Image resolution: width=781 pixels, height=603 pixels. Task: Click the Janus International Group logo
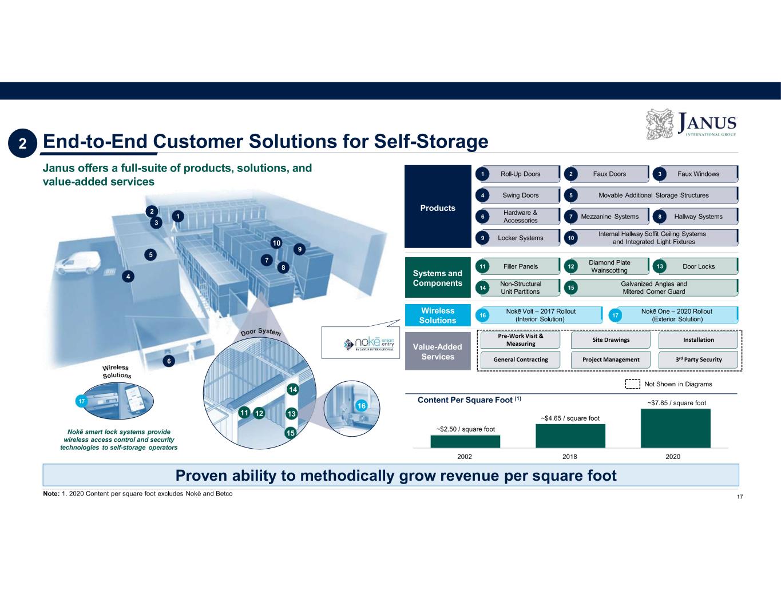[x=691, y=124]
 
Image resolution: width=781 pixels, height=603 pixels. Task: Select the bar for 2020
[x=675, y=428]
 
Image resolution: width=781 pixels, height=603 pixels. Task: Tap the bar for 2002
[x=465, y=441]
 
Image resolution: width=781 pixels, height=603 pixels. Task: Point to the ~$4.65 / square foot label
[x=570, y=418]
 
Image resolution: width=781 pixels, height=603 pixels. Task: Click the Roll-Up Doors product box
[x=520, y=174]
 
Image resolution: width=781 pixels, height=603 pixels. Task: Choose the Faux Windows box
[x=698, y=174]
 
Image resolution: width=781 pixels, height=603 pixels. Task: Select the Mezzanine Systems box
[x=609, y=217]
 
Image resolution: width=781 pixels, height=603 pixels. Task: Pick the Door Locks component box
[x=698, y=266]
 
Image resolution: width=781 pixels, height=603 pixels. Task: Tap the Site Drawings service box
[x=610, y=340]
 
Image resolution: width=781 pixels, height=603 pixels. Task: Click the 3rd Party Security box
[x=698, y=360]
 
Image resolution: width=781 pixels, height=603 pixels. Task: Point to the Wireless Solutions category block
[x=438, y=316]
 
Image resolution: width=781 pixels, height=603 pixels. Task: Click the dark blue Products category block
[x=438, y=207]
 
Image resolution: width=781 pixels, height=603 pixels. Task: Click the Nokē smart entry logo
[x=369, y=343]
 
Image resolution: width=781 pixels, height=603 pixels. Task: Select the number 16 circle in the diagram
[x=361, y=406]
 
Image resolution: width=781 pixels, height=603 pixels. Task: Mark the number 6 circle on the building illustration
[x=169, y=361]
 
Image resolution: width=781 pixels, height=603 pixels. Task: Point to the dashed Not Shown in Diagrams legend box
[x=632, y=384]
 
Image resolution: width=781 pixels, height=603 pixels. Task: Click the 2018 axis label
[x=569, y=457]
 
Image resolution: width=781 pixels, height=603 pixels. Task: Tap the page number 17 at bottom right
[x=739, y=497]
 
